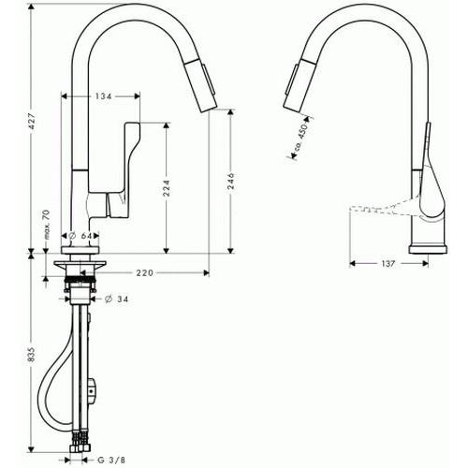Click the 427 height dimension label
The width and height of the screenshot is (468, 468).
(x=33, y=122)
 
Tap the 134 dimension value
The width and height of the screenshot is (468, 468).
(x=103, y=96)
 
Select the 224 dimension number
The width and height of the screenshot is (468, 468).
(x=167, y=187)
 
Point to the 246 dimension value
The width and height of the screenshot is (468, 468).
(x=231, y=181)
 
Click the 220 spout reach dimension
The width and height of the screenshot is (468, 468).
(x=145, y=273)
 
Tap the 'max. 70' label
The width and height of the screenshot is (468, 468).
(x=46, y=225)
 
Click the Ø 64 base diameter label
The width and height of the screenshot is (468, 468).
(x=80, y=236)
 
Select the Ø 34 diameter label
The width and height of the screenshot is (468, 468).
(x=117, y=300)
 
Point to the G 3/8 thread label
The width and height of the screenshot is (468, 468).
(x=111, y=460)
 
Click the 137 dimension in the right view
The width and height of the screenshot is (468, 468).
(x=388, y=264)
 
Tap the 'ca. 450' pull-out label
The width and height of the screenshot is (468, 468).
(x=301, y=136)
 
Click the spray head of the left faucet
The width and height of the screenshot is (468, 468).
(x=200, y=85)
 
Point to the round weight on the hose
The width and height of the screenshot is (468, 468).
(x=93, y=390)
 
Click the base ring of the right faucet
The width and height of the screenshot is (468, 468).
(x=429, y=249)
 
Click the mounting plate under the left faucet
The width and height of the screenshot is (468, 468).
(x=80, y=265)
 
